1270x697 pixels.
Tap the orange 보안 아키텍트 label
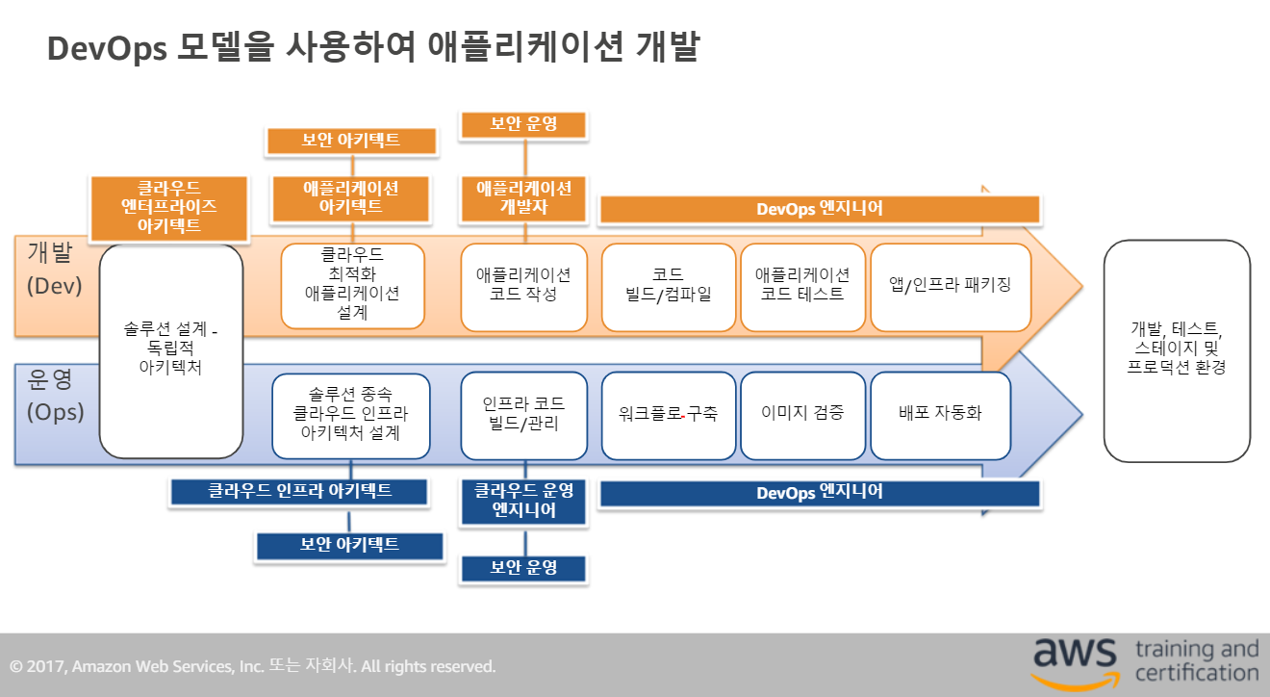click(x=351, y=141)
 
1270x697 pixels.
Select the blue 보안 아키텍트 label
click(x=350, y=545)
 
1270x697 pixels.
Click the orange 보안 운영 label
click(x=524, y=123)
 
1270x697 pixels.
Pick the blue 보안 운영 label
click(x=524, y=567)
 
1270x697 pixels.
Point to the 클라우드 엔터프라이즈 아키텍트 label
click(x=169, y=207)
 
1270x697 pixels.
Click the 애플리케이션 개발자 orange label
click(x=524, y=196)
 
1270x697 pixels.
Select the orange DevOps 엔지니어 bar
click(x=819, y=208)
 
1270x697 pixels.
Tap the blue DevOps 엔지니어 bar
click(x=820, y=493)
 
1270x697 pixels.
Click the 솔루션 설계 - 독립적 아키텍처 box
click(x=171, y=350)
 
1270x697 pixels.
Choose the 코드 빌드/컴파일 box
click(x=668, y=286)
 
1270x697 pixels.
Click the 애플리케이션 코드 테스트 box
click(x=802, y=286)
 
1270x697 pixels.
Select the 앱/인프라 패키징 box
click(x=951, y=286)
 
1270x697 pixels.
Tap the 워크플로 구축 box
click(x=668, y=414)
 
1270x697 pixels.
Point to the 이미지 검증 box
click(x=802, y=414)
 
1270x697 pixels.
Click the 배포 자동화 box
click(x=940, y=414)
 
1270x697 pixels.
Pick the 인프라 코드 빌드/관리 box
click(x=524, y=414)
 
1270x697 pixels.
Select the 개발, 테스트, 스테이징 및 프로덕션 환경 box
click(x=1177, y=350)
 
